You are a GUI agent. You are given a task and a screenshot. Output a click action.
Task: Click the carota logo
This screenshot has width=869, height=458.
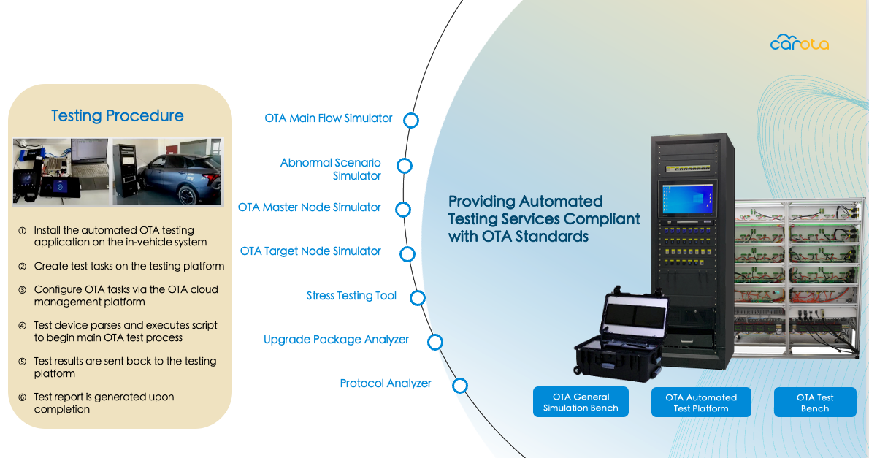799,42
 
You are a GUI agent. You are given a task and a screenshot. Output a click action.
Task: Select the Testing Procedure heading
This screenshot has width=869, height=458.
118,115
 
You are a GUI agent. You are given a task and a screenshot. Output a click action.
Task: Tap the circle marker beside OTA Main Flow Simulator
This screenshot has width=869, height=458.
410,121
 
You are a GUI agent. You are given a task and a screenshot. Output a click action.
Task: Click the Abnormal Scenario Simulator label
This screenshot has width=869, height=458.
330,169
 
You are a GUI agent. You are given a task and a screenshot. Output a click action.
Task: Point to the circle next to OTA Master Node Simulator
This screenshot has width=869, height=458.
403,210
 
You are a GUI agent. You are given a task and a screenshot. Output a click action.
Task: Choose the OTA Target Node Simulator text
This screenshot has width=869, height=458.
310,251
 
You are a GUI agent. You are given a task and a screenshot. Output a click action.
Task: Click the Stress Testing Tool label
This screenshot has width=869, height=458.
351,296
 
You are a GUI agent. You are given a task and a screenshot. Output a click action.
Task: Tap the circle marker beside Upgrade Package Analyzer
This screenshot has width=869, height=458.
435,342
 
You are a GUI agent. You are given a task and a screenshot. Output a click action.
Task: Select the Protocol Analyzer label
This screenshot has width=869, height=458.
385,383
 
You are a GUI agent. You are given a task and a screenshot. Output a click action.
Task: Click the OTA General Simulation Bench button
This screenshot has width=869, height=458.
581,402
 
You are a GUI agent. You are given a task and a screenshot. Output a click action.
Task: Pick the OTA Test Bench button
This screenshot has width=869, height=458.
815,402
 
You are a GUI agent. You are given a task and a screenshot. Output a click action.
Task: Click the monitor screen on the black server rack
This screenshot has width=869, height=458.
687,199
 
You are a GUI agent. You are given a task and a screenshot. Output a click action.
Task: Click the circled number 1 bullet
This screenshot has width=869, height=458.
22,231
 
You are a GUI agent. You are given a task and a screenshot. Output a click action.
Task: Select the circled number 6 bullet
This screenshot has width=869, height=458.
22,397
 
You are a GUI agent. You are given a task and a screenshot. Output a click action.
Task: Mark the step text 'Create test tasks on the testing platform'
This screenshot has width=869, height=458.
129,266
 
